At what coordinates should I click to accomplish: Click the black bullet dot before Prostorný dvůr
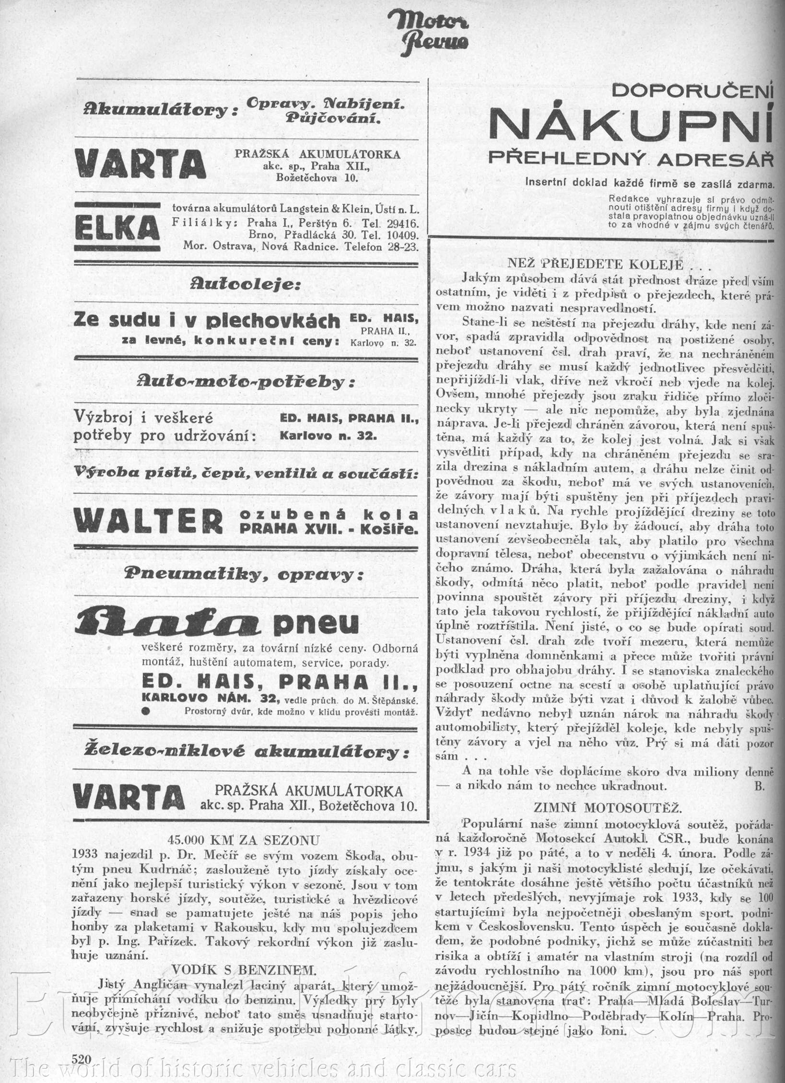pos(145,711)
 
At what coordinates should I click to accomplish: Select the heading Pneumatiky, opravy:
pos(244,574)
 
